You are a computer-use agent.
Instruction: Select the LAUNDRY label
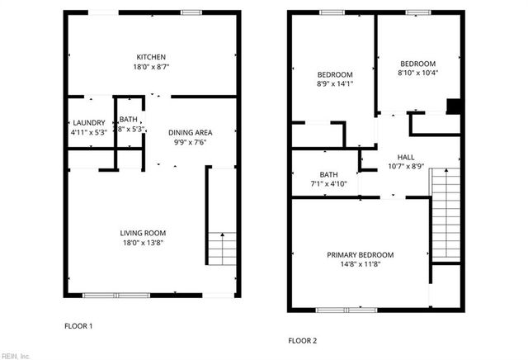[89, 123]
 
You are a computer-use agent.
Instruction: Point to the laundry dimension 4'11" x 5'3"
[89, 133]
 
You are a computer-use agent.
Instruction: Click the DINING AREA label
[191, 132]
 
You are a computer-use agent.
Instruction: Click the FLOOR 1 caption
[78, 326]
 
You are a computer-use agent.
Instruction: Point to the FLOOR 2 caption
[302, 340]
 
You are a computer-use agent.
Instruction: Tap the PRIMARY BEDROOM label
[360, 254]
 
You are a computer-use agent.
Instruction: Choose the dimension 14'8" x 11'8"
[360, 264]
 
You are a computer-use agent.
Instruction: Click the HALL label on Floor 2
[406, 157]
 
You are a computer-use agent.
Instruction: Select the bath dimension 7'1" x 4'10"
[329, 184]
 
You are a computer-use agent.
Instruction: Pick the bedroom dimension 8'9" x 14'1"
[335, 83]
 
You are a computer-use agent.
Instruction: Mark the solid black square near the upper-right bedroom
[452, 105]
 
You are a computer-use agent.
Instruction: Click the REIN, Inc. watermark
[15, 356]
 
